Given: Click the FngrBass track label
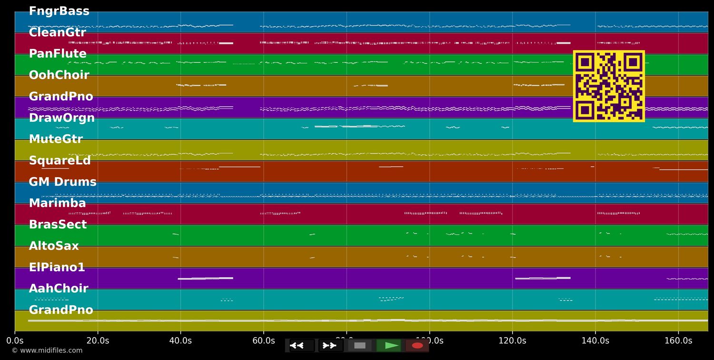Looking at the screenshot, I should point(59,11).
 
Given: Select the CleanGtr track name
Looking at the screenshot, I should point(58,33).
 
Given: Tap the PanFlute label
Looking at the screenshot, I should point(58,54).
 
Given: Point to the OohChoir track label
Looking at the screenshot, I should point(59,75).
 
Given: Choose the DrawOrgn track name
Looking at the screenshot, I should point(62,118).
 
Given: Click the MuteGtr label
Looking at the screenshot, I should point(56,140).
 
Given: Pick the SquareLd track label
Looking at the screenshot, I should point(59,161).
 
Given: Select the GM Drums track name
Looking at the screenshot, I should point(62,182).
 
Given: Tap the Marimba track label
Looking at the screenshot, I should point(57,203).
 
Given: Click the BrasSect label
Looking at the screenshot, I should point(58,225).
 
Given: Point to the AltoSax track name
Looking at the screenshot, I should point(54,246).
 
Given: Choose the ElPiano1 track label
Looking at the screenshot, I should point(57,268).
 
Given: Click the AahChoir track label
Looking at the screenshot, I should point(59,289).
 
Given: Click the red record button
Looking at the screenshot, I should point(417,346).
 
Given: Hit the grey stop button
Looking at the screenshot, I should point(360,346).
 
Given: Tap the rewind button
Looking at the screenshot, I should point(302,346).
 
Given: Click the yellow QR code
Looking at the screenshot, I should point(609,86).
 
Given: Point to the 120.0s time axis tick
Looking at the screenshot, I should point(512,340).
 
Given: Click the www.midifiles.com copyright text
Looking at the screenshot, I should point(47,350).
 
